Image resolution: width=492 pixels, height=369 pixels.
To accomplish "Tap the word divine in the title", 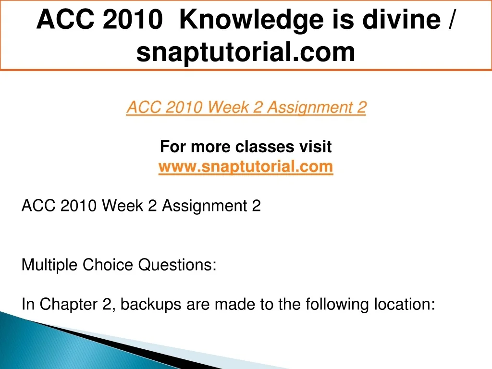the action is pyautogui.click(x=402, y=19).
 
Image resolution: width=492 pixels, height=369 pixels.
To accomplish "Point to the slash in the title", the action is pyautogui.click(x=451, y=20).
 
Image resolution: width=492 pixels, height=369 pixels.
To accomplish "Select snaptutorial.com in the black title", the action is pyautogui.click(x=246, y=52).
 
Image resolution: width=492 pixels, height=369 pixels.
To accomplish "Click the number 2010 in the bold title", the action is pyautogui.click(x=133, y=19).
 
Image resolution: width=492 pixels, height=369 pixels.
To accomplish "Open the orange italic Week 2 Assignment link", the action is pyautogui.click(x=246, y=107).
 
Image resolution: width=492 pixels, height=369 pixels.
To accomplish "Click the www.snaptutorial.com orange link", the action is pyautogui.click(x=246, y=166).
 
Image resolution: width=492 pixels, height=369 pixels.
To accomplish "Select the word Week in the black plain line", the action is pyautogui.click(x=122, y=206).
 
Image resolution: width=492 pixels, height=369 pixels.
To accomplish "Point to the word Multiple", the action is pyautogui.click(x=49, y=265).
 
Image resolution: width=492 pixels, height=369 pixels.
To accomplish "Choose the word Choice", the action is pyautogui.click(x=108, y=265).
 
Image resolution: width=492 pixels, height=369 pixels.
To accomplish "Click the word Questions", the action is pyautogui.click(x=177, y=265).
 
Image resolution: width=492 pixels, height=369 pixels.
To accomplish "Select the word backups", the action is pyautogui.click(x=150, y=304).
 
